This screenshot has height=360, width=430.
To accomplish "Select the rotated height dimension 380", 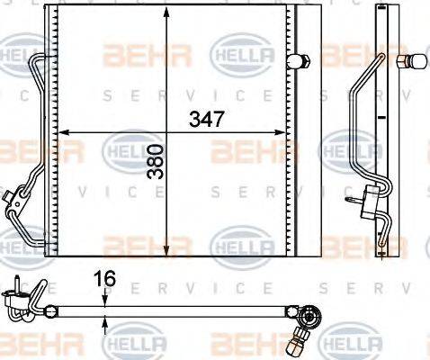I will click(x=157, y=157).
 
